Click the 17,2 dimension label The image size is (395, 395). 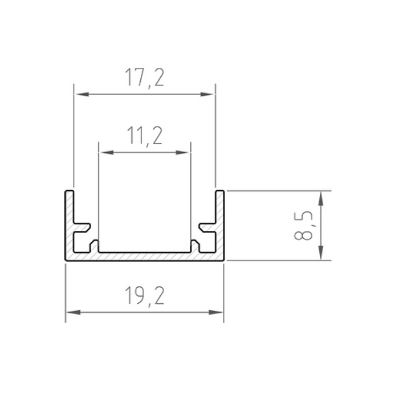click(145, 77)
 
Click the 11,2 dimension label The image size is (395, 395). click(145, 136)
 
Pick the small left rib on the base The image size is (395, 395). click(95, 246)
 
